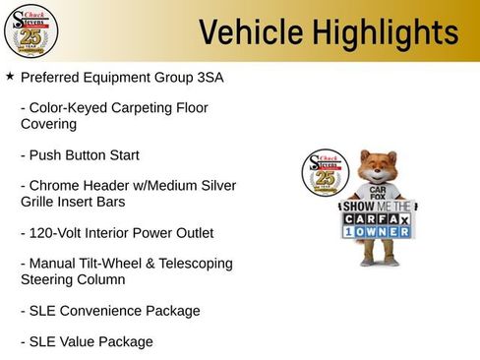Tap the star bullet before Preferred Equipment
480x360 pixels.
[10, 76]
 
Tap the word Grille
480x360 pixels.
[39, 202]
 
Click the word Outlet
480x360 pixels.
[190, 233]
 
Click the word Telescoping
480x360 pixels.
[196, 264]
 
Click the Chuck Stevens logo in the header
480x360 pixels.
[30, 31]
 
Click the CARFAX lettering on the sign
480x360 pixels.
[378, 219]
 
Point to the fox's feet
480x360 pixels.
[378, 263]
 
